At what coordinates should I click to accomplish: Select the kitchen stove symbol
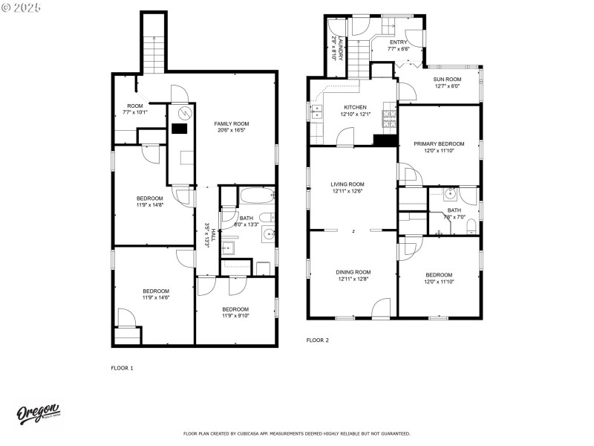click(388, 115)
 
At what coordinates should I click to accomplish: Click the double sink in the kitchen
click(316, 112)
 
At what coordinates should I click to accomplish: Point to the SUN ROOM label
click(448, 79)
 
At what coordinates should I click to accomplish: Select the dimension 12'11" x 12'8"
click(353, 279)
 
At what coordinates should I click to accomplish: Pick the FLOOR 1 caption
click(122, 368)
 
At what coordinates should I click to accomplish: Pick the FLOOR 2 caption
click(318, 340)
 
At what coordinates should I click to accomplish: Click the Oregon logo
click(39, 413)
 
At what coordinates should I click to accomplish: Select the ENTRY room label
click(399, 42)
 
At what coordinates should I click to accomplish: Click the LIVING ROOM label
click(347, 184)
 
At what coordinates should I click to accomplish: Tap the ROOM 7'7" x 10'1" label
click(135, 106)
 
